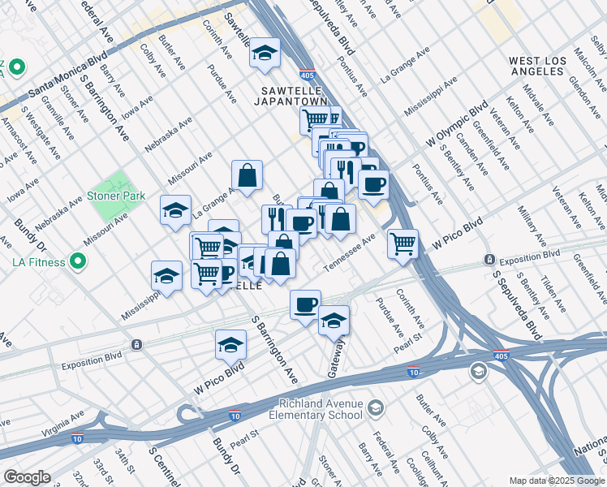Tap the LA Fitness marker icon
click(78, 261)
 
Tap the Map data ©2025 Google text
click(556, 481)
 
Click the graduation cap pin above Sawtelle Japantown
click(265, 54)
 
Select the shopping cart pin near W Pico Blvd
click(403, 243)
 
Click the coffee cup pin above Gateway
click(305, 305)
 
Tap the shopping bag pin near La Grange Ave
click(247, 175)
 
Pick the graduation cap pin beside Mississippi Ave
click(166, 276)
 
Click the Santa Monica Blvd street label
click(69, 75)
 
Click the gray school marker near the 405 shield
click(479, 372)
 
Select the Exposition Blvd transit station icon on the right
click(490, 260)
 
